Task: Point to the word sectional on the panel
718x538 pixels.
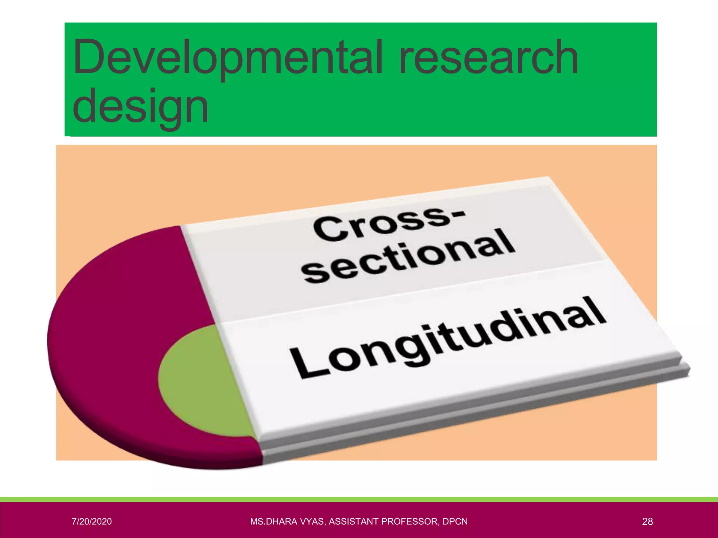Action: [408, 257]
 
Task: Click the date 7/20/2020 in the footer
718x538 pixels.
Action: [92, 522]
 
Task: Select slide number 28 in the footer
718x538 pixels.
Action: [647, 522]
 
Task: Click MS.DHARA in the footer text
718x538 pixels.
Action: [270, 522]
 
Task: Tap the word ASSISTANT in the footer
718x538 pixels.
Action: [353, 522]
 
